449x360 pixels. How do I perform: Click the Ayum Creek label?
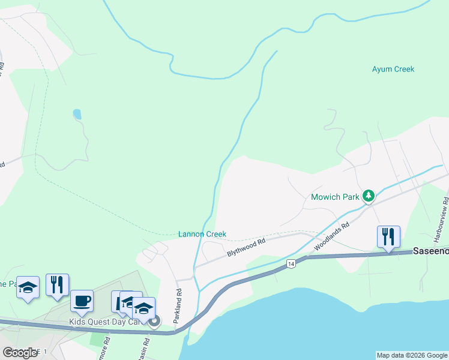coord(393,69)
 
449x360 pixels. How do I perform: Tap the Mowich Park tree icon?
coord(369,196)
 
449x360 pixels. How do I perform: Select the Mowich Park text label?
coord(335,196)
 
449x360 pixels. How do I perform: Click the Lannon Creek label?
coord(202,234)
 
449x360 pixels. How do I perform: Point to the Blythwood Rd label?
coord(246,248)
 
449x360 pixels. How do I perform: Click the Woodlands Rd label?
coord(331,238)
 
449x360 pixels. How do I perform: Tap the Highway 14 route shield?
coord(291,263)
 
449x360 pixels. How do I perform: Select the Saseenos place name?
coord(430,252)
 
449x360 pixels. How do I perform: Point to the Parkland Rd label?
coord(178,307)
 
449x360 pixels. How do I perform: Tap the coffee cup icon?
coord(82,301)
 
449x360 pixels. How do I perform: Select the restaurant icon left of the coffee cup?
coord(57,285)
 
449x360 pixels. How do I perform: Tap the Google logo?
coord(20,353)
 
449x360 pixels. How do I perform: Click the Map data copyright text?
coord(411,355)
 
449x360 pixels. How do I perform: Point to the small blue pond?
coord(76,113)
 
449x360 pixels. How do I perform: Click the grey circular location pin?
coord(154,322)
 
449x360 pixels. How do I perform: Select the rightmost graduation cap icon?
coord(143,308)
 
